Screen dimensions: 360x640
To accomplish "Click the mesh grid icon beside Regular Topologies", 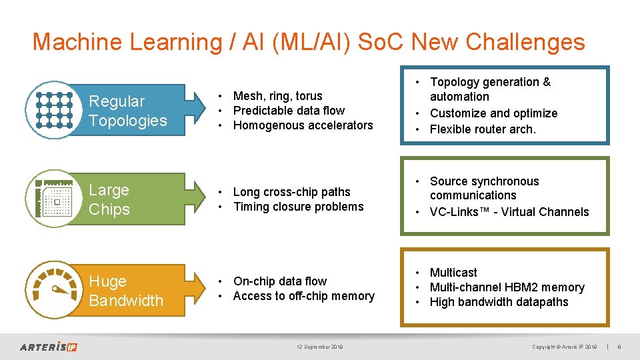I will [x=54, y=110].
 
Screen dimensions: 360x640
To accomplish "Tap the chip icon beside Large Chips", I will [x=54, y=199].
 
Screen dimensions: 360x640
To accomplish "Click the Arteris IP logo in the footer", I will [x=49, y=347].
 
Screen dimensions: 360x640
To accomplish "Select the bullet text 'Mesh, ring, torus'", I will [x=277, y=96].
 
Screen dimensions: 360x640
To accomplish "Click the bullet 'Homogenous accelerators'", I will [x=303, y=125].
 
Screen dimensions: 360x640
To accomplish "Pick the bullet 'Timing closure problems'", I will [x=298, y=207].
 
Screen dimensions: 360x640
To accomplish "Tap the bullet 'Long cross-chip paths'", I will [x=291, y=192].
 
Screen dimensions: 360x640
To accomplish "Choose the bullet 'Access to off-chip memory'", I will [x=303, y=296].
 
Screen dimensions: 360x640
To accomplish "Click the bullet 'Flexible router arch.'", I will [x=483, y=129].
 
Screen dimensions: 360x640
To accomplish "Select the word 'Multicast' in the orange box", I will [x=453, y=273].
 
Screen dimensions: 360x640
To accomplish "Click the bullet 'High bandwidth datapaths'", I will [x=499, y=302].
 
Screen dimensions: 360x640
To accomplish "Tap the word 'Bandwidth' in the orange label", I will [x=126, y=301].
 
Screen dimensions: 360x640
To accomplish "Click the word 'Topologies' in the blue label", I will [x=128, y=121].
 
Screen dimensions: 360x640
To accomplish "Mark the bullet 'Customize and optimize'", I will [x=493, y=113].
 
